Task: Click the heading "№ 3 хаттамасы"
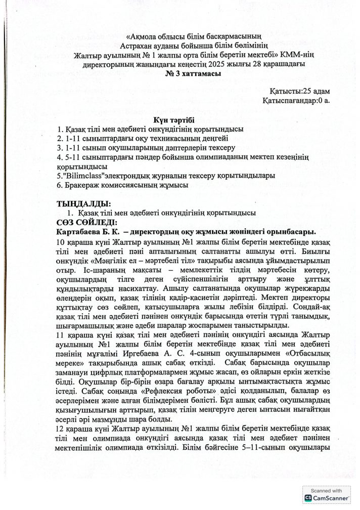pyautogui.click(x=179, y=74)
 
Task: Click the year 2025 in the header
pyautogui.click(x=226, y=64)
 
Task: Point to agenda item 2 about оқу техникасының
pyautogui.click(x=143, y=138)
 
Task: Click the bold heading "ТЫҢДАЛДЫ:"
pyautogui.click(x=80, y=204)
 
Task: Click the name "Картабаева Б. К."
pyautogui.click(x=86, y=232)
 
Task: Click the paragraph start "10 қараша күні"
pyautogui.click(x=82, y=242)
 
